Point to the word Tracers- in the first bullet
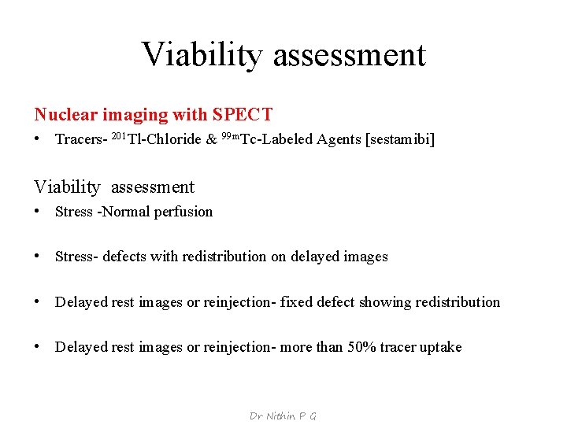[81, 140]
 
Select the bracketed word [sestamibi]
[398, 140]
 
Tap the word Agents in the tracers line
[338, 140]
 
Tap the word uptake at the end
[441, 347]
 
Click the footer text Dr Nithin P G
[283, 416]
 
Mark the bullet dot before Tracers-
[38, 140]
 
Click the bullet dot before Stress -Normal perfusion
[38, 212]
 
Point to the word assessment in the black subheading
[152, 187]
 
